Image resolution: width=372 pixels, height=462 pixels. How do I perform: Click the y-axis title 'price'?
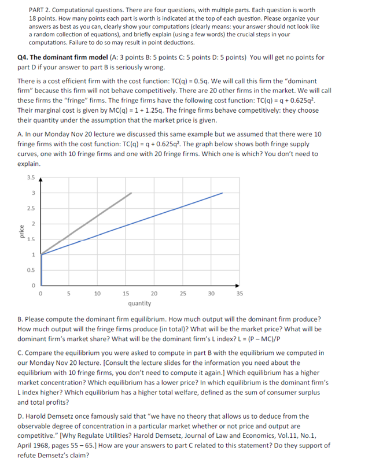click(21, 232)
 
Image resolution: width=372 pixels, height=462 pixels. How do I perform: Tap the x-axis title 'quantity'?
click(139, 303)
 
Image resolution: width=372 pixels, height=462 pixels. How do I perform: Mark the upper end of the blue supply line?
click(223, 193)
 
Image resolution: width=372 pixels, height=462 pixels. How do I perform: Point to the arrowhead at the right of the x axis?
click(239, 286)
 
